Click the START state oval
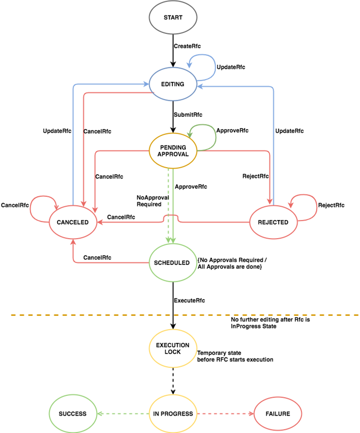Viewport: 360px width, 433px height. pyautogui.click(x=173, y=18)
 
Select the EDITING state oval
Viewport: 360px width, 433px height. pyautogui.click(x=173, y=83)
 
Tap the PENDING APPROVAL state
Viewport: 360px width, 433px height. pyautogui.click(x=173, y=151)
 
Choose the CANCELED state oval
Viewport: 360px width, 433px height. pyautogui.click(x=73, y=222)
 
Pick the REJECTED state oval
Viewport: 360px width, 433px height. pyautogui.click(x=273, y=222)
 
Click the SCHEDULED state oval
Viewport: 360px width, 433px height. pyautogui.click(x=173, y=263)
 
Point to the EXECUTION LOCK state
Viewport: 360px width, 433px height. pyautogui.click(x=173, y=348)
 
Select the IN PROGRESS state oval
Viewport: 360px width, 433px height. pyautogui.click(x=173, y=413)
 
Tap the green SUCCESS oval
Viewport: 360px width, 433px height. pyautogui.click(x=73, y=413)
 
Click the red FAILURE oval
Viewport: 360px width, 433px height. pyautogui.click(x=278, y=413)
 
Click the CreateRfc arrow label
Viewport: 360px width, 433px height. pyautogui.click(x=187, y=46)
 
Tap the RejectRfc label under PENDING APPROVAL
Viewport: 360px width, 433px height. pyautogui.click(x=256, y=176)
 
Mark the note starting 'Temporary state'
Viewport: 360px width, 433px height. pyautogui.click(x=235, y=356)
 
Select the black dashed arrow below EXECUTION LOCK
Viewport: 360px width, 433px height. pyautogui.click(x=173, y=381)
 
